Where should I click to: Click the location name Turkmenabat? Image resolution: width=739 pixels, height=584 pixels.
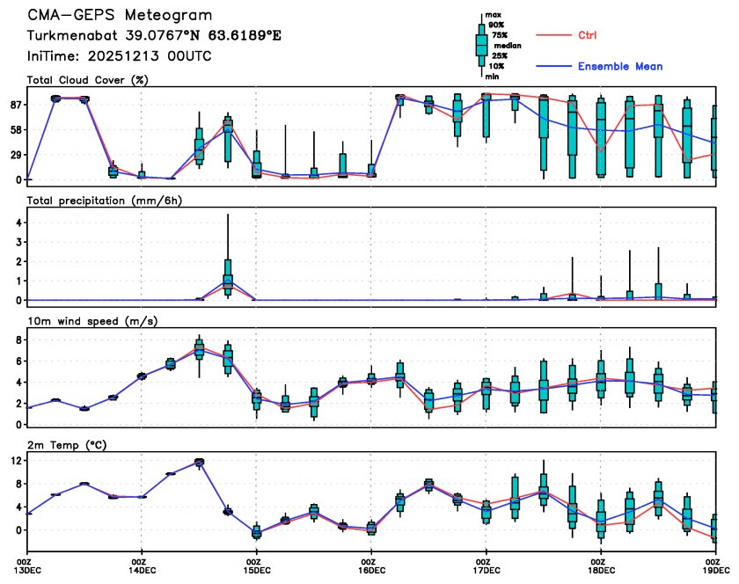coord(70,36)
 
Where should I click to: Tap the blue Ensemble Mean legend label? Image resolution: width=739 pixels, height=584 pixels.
coord(619,66)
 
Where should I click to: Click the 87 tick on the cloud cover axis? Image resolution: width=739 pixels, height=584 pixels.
coord(15,105)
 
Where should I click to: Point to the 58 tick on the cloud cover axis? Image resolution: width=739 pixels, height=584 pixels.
coord(15,130)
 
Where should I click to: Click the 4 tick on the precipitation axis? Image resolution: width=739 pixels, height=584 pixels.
coord(18,223)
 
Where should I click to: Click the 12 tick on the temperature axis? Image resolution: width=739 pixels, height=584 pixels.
coord(15,460)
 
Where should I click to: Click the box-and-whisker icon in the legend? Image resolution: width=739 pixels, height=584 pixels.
coord(481,44)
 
